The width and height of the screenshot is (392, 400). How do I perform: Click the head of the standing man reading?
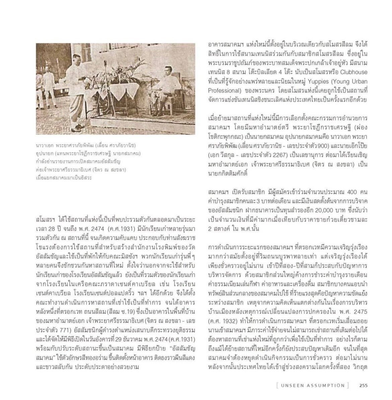tap(77, 59)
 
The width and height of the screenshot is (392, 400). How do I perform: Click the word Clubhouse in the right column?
tap(353, 72)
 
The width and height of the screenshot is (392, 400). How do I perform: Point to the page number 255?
tap(364, 385)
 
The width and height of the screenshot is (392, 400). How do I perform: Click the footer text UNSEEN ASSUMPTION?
tap(313, 385)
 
